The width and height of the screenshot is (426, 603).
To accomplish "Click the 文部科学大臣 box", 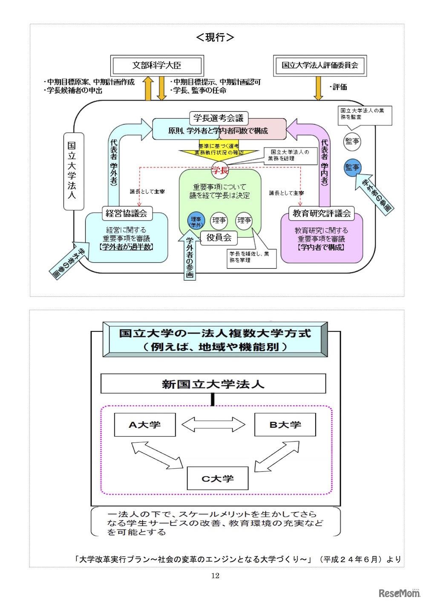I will pos(157,66).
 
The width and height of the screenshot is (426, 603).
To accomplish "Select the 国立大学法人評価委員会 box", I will pos(319,66).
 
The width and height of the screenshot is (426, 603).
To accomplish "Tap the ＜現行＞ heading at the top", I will pos(215,38).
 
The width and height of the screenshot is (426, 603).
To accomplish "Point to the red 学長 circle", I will pos(220,171).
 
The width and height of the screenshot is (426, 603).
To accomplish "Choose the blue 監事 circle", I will pos(352,168).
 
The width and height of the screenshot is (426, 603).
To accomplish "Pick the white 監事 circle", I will pos(352,142).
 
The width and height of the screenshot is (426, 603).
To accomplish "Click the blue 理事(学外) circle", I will pos(196,221).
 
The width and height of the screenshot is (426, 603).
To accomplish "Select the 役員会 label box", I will pos(219,238).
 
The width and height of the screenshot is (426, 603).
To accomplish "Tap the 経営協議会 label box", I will pos(126,213).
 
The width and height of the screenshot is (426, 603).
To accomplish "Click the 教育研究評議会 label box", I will pos(322,213).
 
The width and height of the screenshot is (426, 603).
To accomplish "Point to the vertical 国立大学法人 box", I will pos(73,171).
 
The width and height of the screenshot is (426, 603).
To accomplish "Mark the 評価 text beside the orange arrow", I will pos(340,87).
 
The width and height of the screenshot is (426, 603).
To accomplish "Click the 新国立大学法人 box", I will pos(213,384).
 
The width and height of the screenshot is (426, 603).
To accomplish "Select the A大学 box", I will pos(145,425).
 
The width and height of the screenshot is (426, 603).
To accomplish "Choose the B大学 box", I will pos(285,425).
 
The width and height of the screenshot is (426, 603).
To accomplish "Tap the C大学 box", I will pos(217,478).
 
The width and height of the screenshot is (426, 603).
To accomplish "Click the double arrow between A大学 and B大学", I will pos(213,425).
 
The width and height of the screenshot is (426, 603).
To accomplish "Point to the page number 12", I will pos(215,576).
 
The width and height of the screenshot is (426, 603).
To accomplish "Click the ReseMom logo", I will pos(399,593).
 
